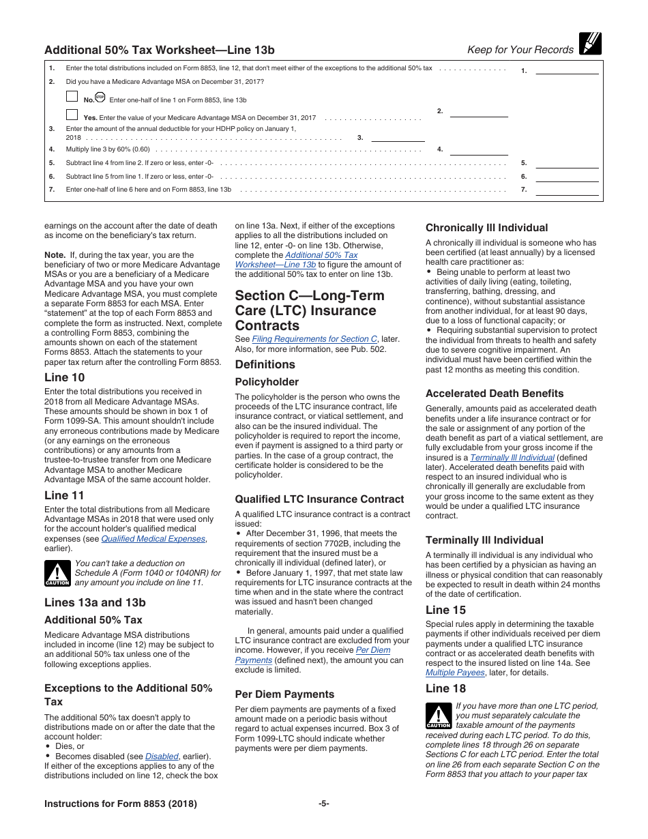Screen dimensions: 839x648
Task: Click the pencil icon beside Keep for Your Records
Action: (x=590, y=43)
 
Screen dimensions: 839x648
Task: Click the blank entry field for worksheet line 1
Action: (x=568, y=69)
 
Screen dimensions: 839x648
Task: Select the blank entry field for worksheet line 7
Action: (x=568, y=190)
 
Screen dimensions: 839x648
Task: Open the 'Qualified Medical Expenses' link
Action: (x=153, y=539)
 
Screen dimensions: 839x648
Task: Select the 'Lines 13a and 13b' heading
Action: (x=95, y=602)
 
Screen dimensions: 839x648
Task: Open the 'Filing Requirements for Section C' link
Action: (x=314, y=339)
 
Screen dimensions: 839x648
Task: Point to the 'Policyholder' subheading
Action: (x=267, y=382)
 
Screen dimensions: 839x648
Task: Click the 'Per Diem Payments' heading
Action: (x=284, y=694)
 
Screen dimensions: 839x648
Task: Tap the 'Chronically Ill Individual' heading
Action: (x=486, y=228)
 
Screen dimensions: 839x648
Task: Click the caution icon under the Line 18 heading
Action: (x=439, y=716)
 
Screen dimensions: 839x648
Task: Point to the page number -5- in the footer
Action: (x=324, y=804)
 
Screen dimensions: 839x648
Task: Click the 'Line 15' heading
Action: (x=445, y=610)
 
